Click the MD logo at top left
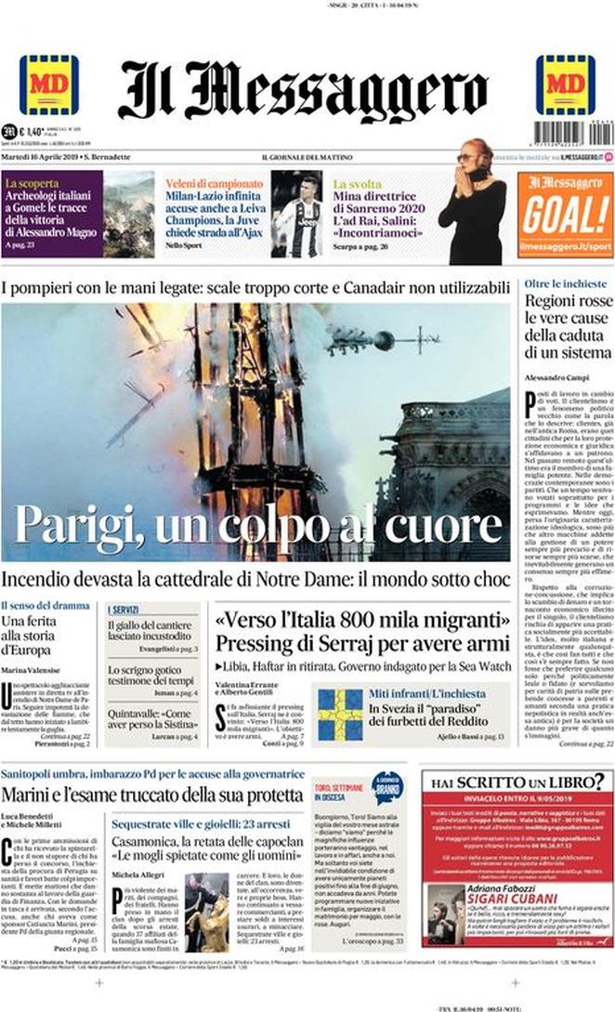[x=48, y=85]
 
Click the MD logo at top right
[x=565, y=85]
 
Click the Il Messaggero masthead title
[x=303, y=91]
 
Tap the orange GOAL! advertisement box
[x=565, y=213]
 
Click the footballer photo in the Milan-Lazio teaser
[x=296, y=213]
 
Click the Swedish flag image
[x=340, y=714]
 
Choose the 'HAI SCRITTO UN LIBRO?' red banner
[x=515, y=756]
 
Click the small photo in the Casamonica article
[x=207, y=913]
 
